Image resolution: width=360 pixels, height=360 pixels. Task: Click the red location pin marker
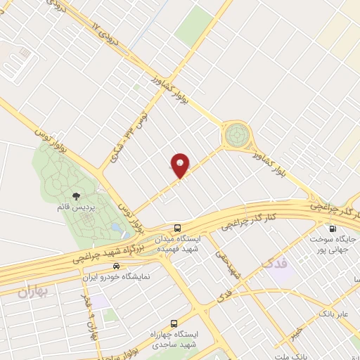tap(181, 165)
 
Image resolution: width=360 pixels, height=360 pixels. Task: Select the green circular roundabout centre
tap(237, 132)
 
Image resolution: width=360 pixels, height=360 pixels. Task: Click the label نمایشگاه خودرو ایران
tap(116, 278)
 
